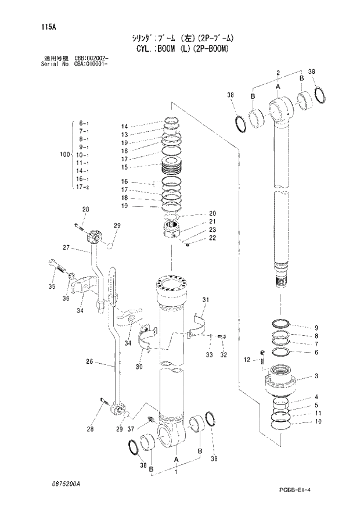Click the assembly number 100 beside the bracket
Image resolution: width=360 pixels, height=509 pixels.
click(x=64, y=155)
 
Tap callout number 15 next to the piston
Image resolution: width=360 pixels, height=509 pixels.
click(x=124, y=167)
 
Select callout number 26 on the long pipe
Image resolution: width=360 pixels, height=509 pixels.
click(x=89, y=361)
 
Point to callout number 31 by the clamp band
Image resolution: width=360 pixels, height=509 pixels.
click(x=204, y=299)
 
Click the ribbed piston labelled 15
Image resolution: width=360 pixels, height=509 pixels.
click(x=171, y=169)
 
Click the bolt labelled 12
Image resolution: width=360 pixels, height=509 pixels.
click(x=262, y=361)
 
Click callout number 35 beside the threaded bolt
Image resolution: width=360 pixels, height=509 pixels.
click(x=51, y=286)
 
